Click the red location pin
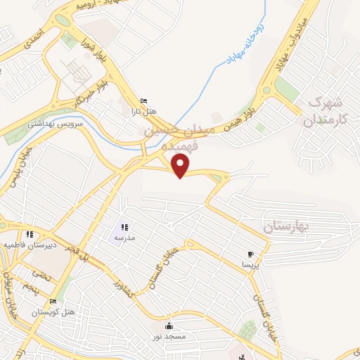[181, 165]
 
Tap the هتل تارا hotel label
[144, 110]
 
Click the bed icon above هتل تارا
[144, 101]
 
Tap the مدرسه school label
[125, 238]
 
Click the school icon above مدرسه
[125, 227]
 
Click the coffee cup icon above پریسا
[250, 255]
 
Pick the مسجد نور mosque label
[169, 337]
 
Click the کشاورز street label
[124, 279]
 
